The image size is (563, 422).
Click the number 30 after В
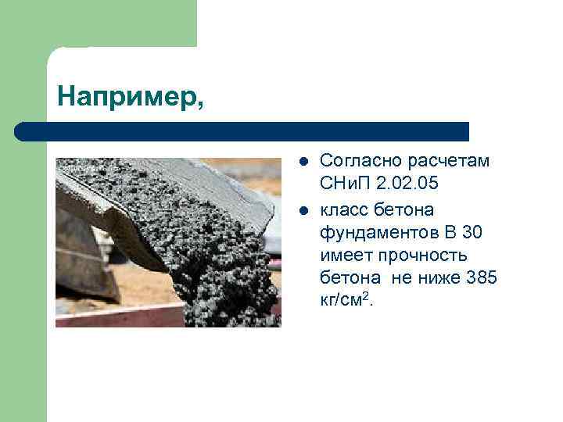coord(472,232)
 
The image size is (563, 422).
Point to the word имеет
coord(346,256)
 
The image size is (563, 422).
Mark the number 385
coord(482,278)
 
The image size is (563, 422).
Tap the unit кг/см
coord(342,302)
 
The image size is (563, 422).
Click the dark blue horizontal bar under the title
coord(242,131)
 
